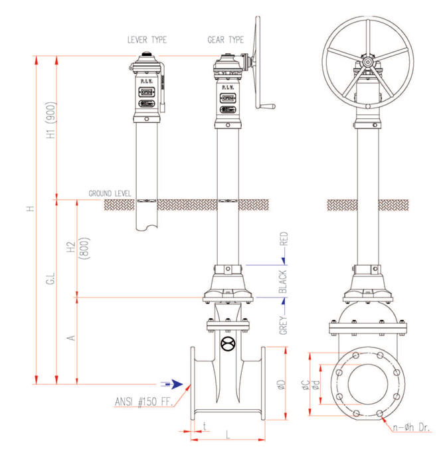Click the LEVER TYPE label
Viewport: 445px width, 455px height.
(x=147, y=40)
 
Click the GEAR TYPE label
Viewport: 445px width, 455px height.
(x=225, y=40)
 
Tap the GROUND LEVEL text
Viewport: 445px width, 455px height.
(x=110, y=193)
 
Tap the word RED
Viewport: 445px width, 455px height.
(x=283, y=240)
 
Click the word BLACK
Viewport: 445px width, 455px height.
(x=283, y=282)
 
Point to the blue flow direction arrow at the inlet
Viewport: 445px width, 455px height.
(x=173, y=383)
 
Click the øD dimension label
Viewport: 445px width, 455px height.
(x=282, y=385)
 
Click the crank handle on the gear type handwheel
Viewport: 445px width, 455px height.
(x=266, y=105)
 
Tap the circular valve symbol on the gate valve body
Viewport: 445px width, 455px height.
(x=227, y=345)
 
